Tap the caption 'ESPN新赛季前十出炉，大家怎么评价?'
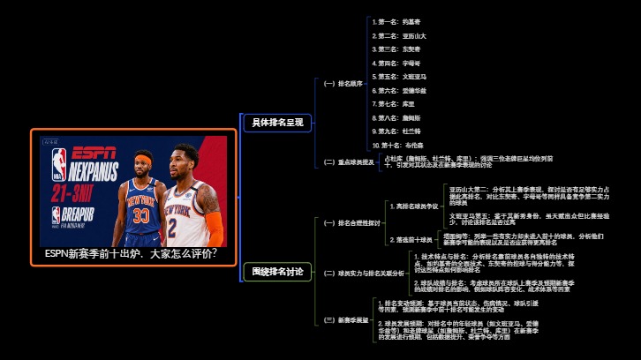132,253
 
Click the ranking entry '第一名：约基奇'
398,21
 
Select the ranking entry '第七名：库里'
395,104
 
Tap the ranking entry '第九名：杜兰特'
398,131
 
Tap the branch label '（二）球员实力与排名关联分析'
363,274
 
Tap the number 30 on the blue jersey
141,214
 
